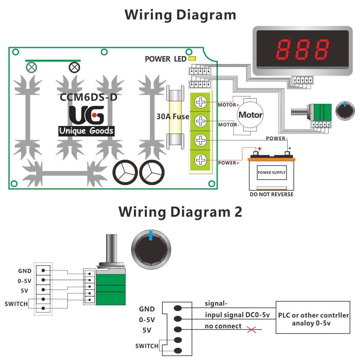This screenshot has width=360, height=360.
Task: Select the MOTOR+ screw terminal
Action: pyautogui.click(x=201, y=102)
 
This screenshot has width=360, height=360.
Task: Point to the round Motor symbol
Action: pyautogui.click(x=251, y=115)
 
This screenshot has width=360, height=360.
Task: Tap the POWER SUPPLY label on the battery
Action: pyautogui.click(x=272, y=172)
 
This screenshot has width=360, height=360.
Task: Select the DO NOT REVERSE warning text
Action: pyautogui.click(x=271, y=194)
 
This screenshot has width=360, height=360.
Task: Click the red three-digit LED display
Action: pyautogui.click(x=303, y=50)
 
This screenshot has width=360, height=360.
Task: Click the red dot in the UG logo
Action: pyautogui.click(x=94, y=115)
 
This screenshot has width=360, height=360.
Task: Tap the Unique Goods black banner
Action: pyautogui.click(x=86, y=131)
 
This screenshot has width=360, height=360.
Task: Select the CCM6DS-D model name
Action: pyautogui.click(x=89, y=97)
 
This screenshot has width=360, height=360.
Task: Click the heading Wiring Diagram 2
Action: pyautogui.click(x=180, y=212)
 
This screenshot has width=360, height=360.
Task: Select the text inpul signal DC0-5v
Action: pyautogui.click(x=237, y=315)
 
